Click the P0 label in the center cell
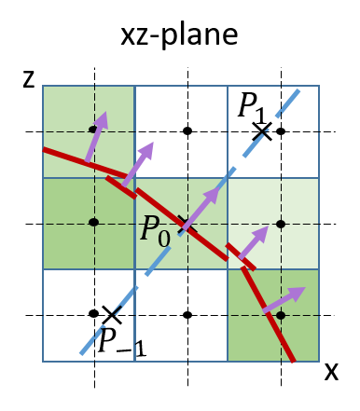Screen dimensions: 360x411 pos(155,230)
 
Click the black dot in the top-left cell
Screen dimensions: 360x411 pos(93,130)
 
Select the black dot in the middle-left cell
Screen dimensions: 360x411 pos(93,222)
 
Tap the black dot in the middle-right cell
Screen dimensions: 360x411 pos(280,224)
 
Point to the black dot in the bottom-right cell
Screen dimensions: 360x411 pos(280,315)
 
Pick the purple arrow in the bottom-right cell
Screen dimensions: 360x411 pos(283,299)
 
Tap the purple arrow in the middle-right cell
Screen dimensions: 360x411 pos(253,242)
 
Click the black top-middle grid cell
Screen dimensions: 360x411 pos(181,130)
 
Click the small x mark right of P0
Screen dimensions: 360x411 pos(183,222)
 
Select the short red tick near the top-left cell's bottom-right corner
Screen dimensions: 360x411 pos(121,186)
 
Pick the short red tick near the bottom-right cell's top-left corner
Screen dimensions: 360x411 pos(240,256)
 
